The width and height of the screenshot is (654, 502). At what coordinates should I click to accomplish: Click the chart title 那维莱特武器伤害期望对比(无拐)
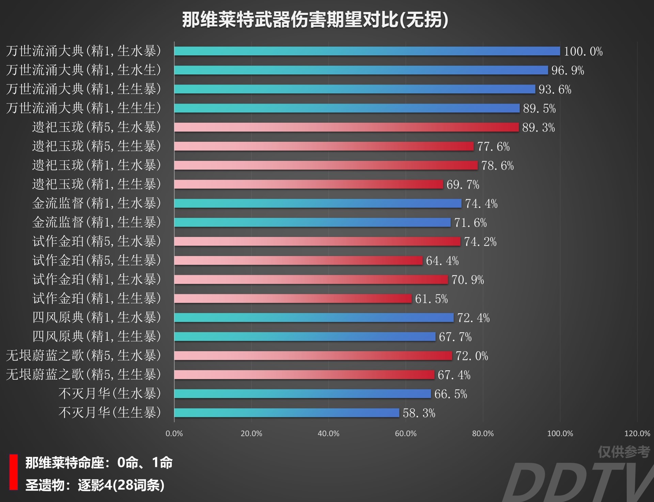coord(315,19)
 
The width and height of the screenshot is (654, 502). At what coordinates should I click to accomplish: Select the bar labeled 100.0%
coord(367,51)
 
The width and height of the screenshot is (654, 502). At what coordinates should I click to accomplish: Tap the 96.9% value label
coord(567,70)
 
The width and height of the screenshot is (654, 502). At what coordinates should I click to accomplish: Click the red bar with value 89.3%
coord(346,127)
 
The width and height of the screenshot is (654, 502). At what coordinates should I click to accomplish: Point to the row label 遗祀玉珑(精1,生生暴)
coord(96,184)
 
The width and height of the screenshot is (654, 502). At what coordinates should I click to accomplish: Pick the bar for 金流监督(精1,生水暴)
coord(317,203)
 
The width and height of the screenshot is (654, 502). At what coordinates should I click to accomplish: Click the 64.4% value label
coord(442,261)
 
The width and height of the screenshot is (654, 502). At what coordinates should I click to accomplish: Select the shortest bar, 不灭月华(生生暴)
coord(286,413)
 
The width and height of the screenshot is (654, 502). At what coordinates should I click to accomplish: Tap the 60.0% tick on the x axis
coord(405,434)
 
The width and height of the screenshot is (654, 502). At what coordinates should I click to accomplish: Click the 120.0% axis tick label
coord(637,434)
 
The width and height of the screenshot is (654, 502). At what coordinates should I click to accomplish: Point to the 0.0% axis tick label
coord(174,434)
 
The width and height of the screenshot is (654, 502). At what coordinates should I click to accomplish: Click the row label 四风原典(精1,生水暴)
coord(96,317)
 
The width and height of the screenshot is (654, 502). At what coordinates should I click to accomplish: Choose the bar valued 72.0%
coord(313,356)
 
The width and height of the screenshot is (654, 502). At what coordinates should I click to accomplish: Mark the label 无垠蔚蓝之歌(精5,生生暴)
coord(83,375)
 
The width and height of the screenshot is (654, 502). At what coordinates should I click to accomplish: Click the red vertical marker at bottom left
coord(14,472)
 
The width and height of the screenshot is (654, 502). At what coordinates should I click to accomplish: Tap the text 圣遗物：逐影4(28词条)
coord(95,485)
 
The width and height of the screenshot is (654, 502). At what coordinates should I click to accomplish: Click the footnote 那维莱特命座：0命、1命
coord(99,463)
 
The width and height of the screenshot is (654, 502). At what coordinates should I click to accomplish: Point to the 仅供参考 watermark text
coord(624,452)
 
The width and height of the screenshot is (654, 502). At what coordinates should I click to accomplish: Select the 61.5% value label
coord(431,299)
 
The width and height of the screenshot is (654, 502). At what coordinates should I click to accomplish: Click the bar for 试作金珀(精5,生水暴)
coord(317,241)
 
